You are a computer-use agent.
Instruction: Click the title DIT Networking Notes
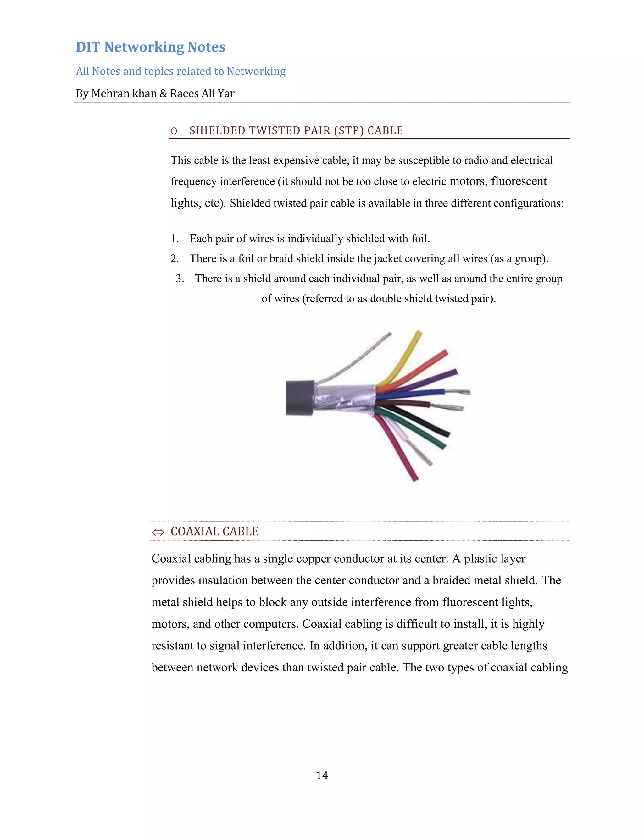coord(150,47)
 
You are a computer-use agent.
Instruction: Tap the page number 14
coord(322,775)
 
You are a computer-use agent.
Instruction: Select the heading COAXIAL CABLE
coord(214,531)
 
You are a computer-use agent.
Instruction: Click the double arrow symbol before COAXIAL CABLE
coord(158,532)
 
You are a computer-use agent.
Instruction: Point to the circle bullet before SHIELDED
coord(174,131)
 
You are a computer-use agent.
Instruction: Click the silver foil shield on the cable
coord(343,399)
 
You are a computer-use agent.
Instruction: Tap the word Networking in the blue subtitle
coord(256,71)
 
